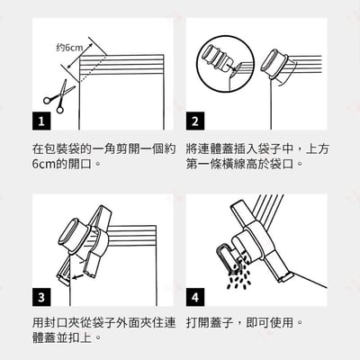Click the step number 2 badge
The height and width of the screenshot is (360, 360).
pyautogui.click(x=195, y=121)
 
